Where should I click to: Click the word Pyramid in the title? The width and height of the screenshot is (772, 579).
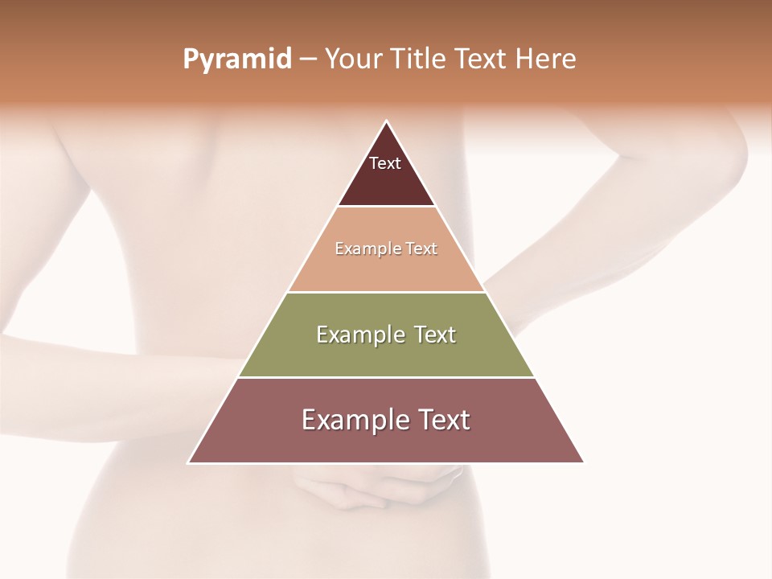(237, 60)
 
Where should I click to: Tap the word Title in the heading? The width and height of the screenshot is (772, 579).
(417, 60)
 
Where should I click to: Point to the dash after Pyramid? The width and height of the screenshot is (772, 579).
(308, 60)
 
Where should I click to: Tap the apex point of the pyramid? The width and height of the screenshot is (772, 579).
(386, 122)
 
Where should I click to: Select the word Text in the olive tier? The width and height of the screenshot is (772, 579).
(435, 335)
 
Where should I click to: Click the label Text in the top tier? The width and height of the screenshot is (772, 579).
(385, 163)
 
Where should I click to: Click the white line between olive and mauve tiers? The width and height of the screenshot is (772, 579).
(386, 377)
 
